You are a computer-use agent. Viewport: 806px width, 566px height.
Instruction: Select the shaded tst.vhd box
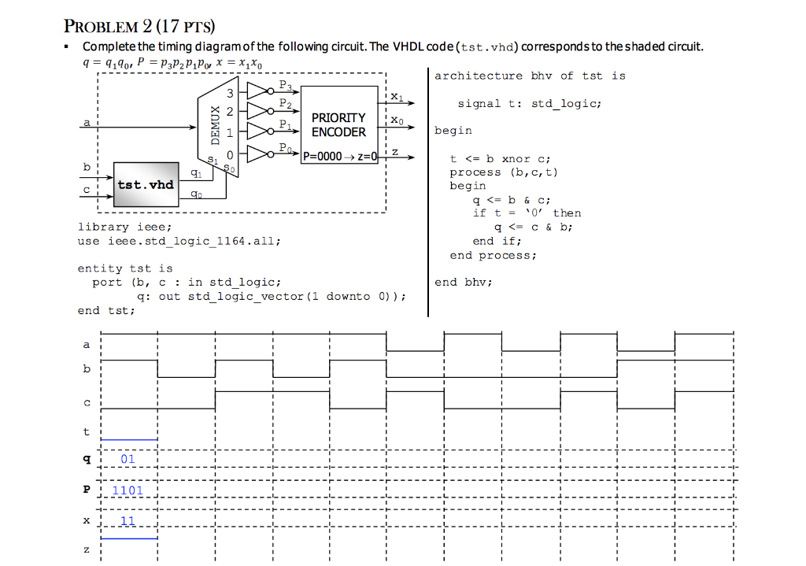pos(145,185)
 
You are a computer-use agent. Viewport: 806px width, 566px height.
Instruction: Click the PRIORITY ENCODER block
pos(338,124)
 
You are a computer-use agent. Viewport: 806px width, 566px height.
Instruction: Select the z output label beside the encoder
pos(395,151)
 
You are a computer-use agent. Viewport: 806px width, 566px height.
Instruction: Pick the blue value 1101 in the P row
pos(128,490)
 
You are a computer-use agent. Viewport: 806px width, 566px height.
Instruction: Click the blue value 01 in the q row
pos(128,459)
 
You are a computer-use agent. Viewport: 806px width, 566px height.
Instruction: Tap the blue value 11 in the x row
pos(128,521)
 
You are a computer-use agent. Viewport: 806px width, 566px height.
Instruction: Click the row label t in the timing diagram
pos(87,431)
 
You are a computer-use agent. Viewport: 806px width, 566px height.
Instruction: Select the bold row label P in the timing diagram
pos(87,490)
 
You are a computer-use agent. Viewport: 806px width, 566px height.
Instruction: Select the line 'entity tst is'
pos(124,268)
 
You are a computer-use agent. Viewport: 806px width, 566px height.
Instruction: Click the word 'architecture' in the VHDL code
pos(478,76)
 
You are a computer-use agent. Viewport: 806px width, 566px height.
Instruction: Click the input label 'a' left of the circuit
pos(87,122)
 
